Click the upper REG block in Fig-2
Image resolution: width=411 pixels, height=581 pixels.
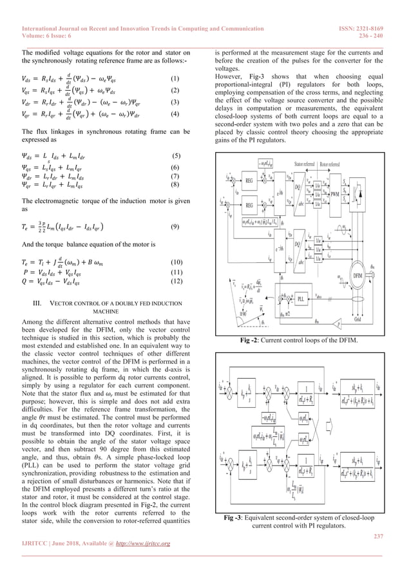[249, 163]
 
